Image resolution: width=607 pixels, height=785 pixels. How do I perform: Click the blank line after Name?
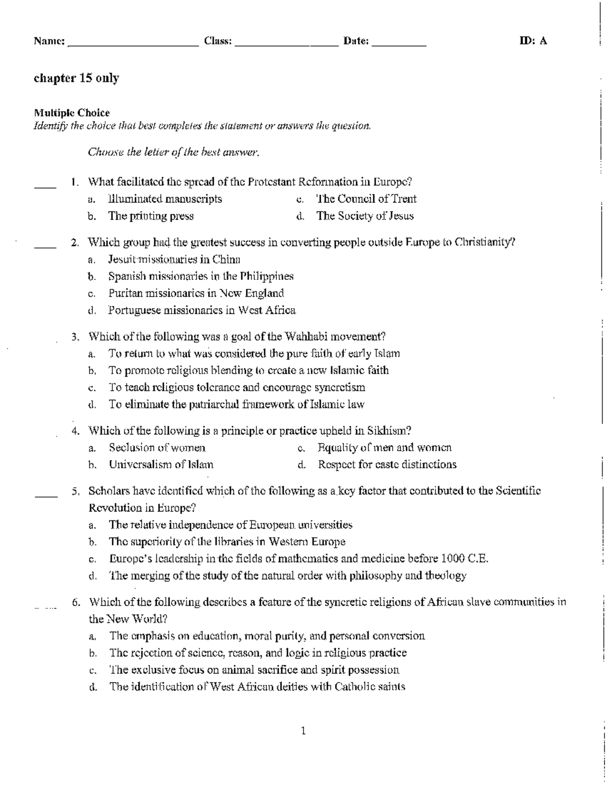coord(133,45)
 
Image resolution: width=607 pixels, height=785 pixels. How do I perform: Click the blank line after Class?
coord(286,45)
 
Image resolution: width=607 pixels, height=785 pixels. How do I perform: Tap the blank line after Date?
coord(399,45)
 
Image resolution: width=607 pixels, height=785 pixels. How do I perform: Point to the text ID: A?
coord(533,41)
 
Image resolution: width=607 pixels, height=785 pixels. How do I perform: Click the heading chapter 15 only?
coord(76,78)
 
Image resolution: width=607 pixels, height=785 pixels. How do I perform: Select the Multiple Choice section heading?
coord(71,113)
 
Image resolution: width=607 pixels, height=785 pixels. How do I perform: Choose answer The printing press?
coord(151,216)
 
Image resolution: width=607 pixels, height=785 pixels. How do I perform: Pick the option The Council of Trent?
coord(366,199)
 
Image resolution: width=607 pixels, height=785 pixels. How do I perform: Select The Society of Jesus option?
coord(365,216)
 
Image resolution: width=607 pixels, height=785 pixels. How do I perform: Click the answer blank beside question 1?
coord(45,187)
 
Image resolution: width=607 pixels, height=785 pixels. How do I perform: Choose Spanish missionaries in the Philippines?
coord(201,276)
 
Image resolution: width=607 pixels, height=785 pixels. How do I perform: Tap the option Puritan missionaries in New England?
coord(196,293)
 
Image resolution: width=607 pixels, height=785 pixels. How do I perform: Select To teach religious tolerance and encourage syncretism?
coord(237,388)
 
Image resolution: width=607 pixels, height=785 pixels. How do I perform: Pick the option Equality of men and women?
coord(384,447)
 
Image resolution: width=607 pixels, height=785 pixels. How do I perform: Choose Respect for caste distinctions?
coord(387,465)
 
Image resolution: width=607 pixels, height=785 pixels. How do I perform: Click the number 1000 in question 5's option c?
coord(453,559)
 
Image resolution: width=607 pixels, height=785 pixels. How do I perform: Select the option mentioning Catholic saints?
coord(257,687)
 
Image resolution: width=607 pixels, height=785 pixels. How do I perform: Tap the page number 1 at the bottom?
coord(303,731)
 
